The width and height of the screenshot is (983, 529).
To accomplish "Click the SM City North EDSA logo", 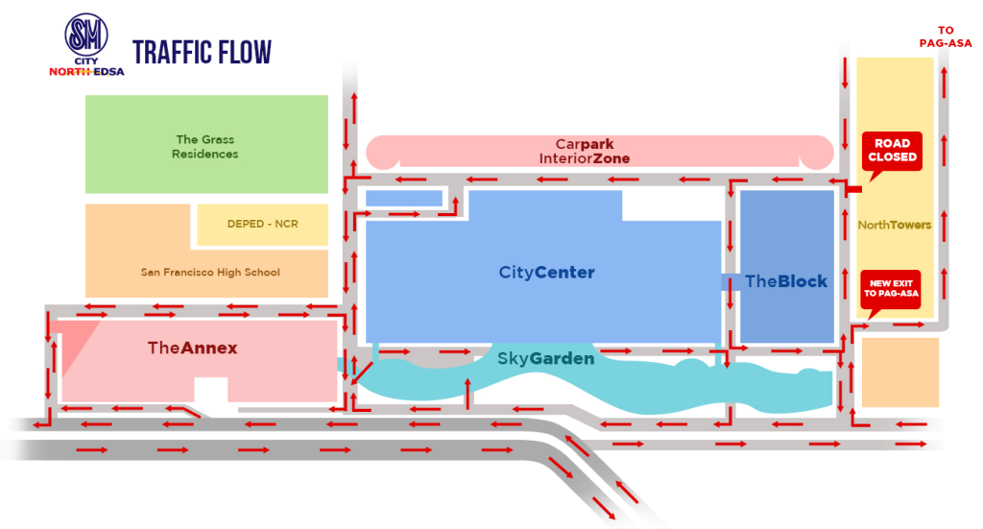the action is click(86, 44).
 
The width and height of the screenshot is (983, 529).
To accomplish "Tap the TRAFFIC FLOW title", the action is click(202, 52).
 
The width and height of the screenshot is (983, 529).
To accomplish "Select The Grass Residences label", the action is click(205, 147).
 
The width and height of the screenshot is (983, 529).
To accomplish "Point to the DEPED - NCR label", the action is click(263, 224).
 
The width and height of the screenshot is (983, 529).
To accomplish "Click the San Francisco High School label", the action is click(210, 272).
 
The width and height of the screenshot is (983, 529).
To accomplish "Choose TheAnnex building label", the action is click(192, 348).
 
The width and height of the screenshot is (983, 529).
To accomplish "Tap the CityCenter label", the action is click(546, 273).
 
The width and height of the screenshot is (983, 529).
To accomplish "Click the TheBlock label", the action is click(786, 281).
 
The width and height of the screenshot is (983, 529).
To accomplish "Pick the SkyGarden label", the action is click(545, 358).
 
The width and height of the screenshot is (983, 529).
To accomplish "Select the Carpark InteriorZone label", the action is click(585, 151).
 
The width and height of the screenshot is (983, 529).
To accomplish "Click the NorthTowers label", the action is click(895, 225).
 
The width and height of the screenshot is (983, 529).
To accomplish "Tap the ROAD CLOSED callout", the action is click(892, 152).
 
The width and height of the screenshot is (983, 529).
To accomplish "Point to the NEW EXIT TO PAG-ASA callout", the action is click(891, 290).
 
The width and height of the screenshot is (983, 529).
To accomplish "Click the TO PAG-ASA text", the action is click(946, 37).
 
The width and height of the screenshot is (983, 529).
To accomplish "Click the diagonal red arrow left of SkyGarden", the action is click(362, 373).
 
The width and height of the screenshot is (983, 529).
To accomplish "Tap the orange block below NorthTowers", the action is click(900, 373).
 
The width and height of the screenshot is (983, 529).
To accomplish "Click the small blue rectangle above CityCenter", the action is click(404, 199).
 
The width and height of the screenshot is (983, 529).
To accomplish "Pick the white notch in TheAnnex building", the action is click(210, 390).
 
